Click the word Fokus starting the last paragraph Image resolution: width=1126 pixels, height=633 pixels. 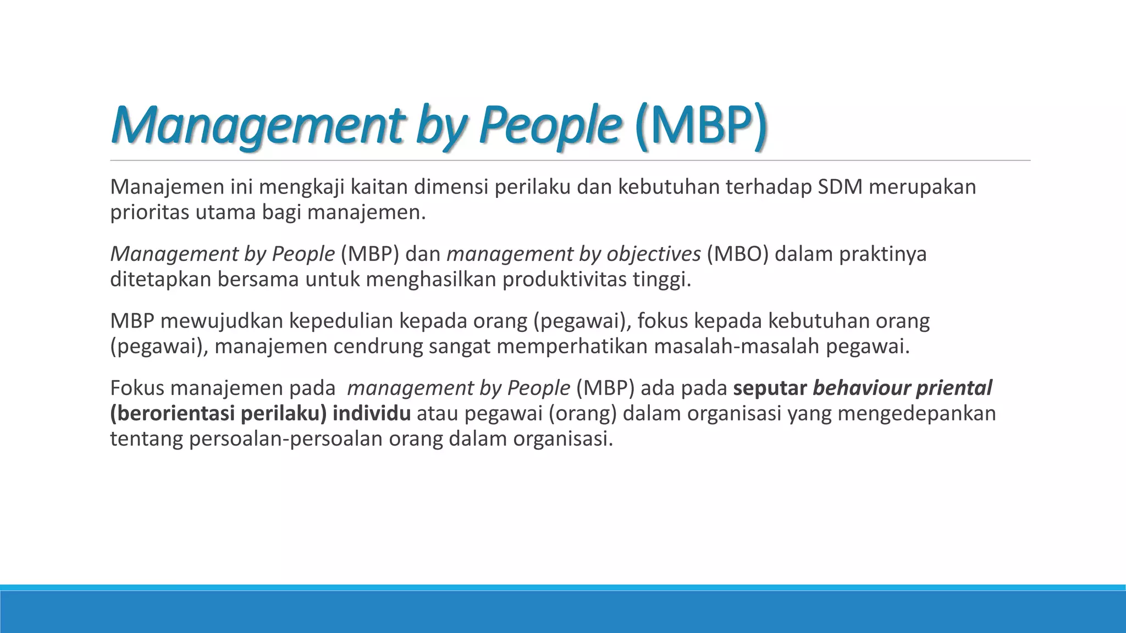click(x=137, y=388)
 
